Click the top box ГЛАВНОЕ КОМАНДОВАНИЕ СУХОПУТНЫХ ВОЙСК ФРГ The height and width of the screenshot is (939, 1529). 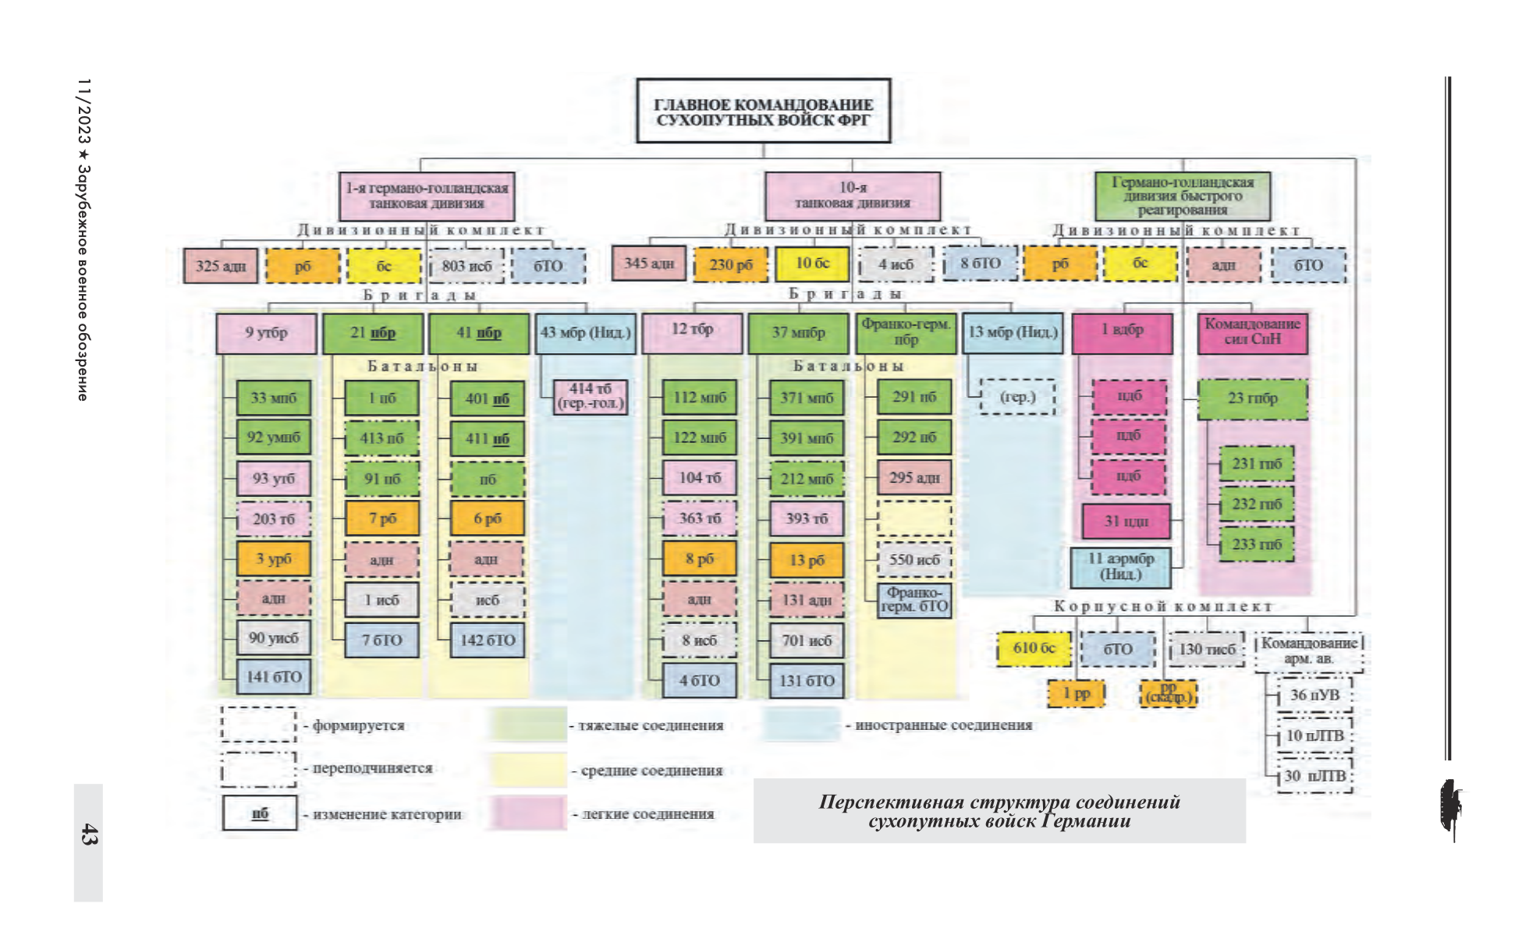pos(763,111)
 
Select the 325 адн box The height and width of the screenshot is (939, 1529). pos(221,266)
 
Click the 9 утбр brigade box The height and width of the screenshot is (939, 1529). pos(266,333)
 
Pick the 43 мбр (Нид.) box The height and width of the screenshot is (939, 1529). pos(586,333)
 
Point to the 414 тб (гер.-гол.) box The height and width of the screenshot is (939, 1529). pos(590,396)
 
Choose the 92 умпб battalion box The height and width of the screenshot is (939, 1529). pos(273,438)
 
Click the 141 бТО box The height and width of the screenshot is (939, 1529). pos(273,677)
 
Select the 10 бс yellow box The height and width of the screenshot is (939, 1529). pos(812,264)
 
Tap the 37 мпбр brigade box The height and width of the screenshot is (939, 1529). pos(798,333)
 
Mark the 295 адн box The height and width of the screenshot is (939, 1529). pos(914,477)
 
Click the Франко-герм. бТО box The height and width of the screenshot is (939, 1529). pos(914,600)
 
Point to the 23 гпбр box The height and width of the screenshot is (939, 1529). pos(1252,399)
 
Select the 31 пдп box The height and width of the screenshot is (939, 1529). pos(1126,521)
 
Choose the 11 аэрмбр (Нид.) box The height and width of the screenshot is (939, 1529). pos(1120,566)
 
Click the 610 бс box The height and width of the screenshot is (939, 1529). pos(1034,648)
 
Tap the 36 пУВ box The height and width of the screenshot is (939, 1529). pos(1314,695)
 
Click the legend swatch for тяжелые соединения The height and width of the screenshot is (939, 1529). pos(528,725)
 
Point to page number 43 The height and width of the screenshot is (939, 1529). pos(88,834)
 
